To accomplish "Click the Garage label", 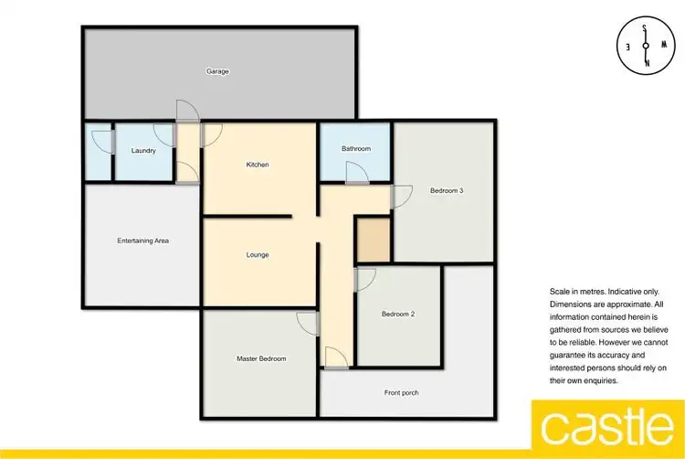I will pyautogui.click(x=216, y=71).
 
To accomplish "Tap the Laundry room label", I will pyautogui.click(x=143, y=151).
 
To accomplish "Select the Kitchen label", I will pyautogui.click(x=257, y=165).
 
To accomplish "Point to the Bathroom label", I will pyautogui.click(x=355, y=148).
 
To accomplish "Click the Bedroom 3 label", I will pyautogui.click(x=447, y=191).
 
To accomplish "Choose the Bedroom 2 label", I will pyautogui.click(x=398, y=315).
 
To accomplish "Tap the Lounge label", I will pyautogui.click(x=257, y=254).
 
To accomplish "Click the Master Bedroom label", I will pyautogui.click(x=260, y=358).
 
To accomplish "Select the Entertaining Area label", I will pyautogui.click(x=142, y=241).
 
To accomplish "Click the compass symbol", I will pyautogui.click(x=646, y=46).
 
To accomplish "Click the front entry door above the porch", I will pyautogui.click(x=334, y=358).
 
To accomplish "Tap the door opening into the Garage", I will pyautogui.click(x=186, y=112).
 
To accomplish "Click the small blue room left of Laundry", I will pyautogui.click(x=97, y=151).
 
